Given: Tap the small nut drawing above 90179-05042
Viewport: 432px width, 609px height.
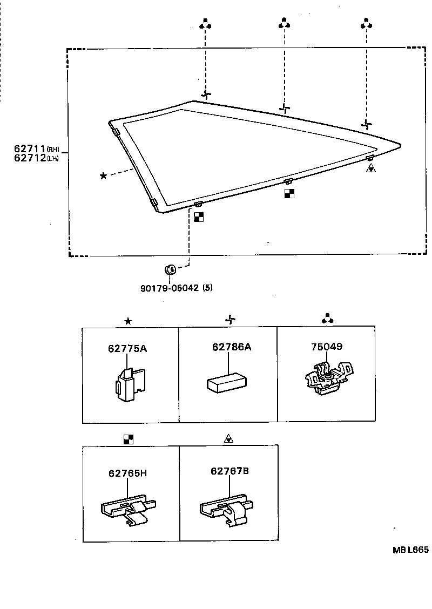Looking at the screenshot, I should [168, 268].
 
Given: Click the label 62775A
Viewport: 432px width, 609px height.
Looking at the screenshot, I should [127, 348].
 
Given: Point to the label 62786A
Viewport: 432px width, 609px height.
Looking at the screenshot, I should [232, 347].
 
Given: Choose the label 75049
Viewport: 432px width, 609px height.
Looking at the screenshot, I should [326, 347].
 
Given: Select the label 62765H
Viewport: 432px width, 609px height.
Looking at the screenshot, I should [128, 473].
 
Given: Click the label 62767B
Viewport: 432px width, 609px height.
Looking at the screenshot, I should [230, 471].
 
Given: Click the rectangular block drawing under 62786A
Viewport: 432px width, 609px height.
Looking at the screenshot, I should [226, 382].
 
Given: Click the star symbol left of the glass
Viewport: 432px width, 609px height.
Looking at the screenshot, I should [103, 175].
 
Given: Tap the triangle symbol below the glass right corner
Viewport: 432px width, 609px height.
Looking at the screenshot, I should [370, 168].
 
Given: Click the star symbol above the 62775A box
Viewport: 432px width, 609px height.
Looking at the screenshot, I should [128, 321].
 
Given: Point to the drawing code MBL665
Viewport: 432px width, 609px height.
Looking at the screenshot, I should [410, 550].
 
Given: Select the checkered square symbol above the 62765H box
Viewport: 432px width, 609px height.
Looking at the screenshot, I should [128, 439].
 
